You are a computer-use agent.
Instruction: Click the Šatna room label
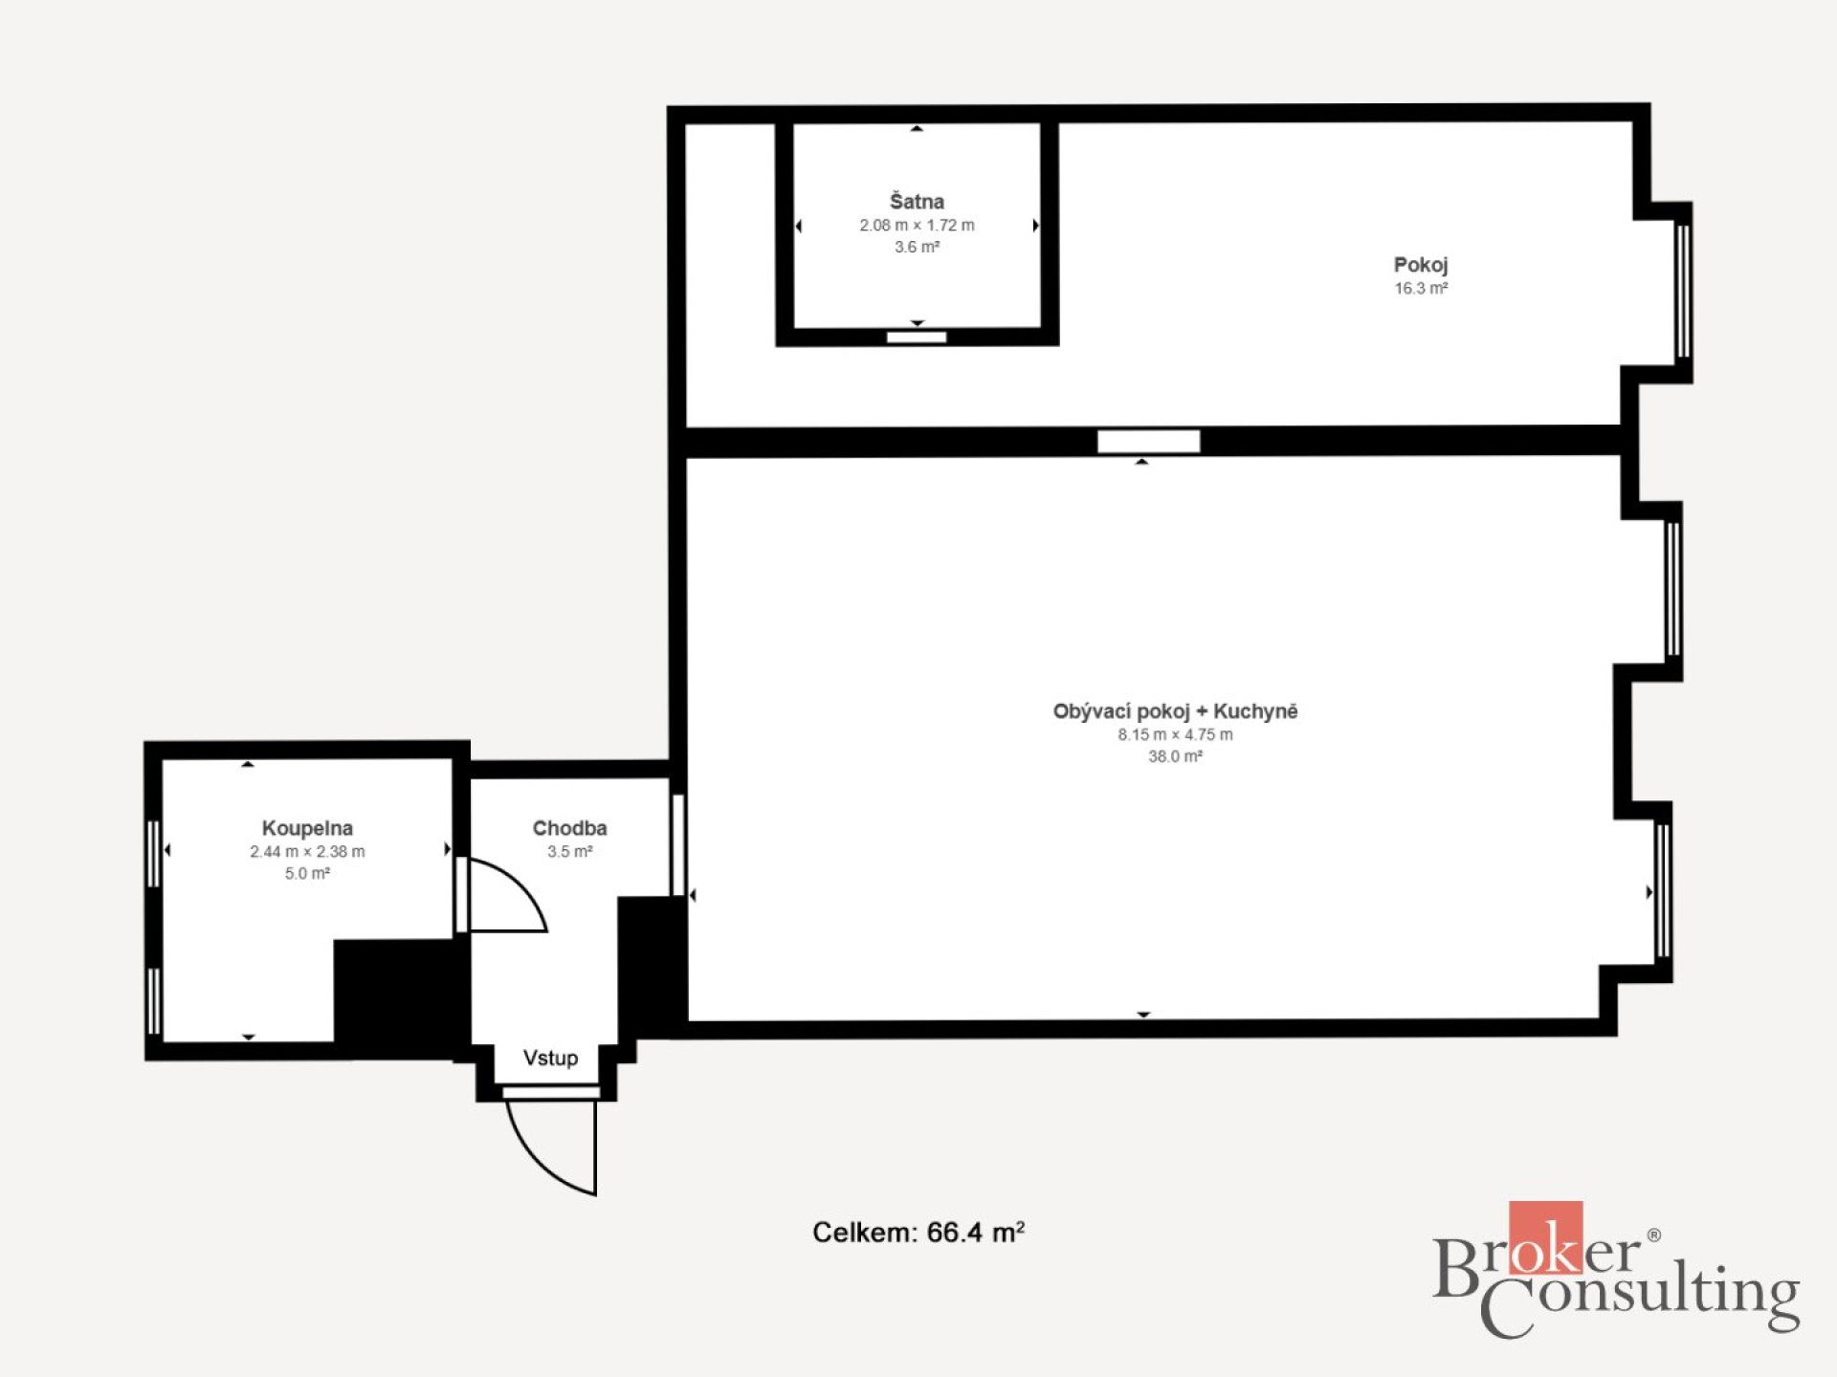click(x=917, y=201)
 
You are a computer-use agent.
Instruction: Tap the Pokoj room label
click(x=1421, y=265)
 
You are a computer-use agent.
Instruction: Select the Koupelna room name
click(x=307, y=828)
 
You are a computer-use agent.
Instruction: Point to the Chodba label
click(x=569, y=828)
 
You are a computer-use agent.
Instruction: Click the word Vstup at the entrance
click(x=550, y=1058)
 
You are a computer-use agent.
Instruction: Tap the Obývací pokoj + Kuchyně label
click(x=1175, y=711)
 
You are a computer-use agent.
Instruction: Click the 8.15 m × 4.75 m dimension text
click(x=1175, y=734)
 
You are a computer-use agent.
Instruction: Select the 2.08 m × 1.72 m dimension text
click(x=917, y=226)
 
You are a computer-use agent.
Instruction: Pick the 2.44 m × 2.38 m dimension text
click(x=307, y=851)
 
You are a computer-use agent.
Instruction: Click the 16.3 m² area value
click(x=1421, y=288)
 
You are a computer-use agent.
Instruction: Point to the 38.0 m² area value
click(x=1175, y=756)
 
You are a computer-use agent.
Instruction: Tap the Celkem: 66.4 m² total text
click(x=918, y=1232)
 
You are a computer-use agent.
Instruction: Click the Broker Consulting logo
click(x=1616, y=1270)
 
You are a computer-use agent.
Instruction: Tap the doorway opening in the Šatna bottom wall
click(x=917, y=337)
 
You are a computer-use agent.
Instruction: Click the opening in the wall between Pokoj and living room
click(x=1148, y=441)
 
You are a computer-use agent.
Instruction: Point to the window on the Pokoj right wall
click(x=1683, y=292)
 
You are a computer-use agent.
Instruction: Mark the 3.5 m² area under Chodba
click(x=569, y=851)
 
